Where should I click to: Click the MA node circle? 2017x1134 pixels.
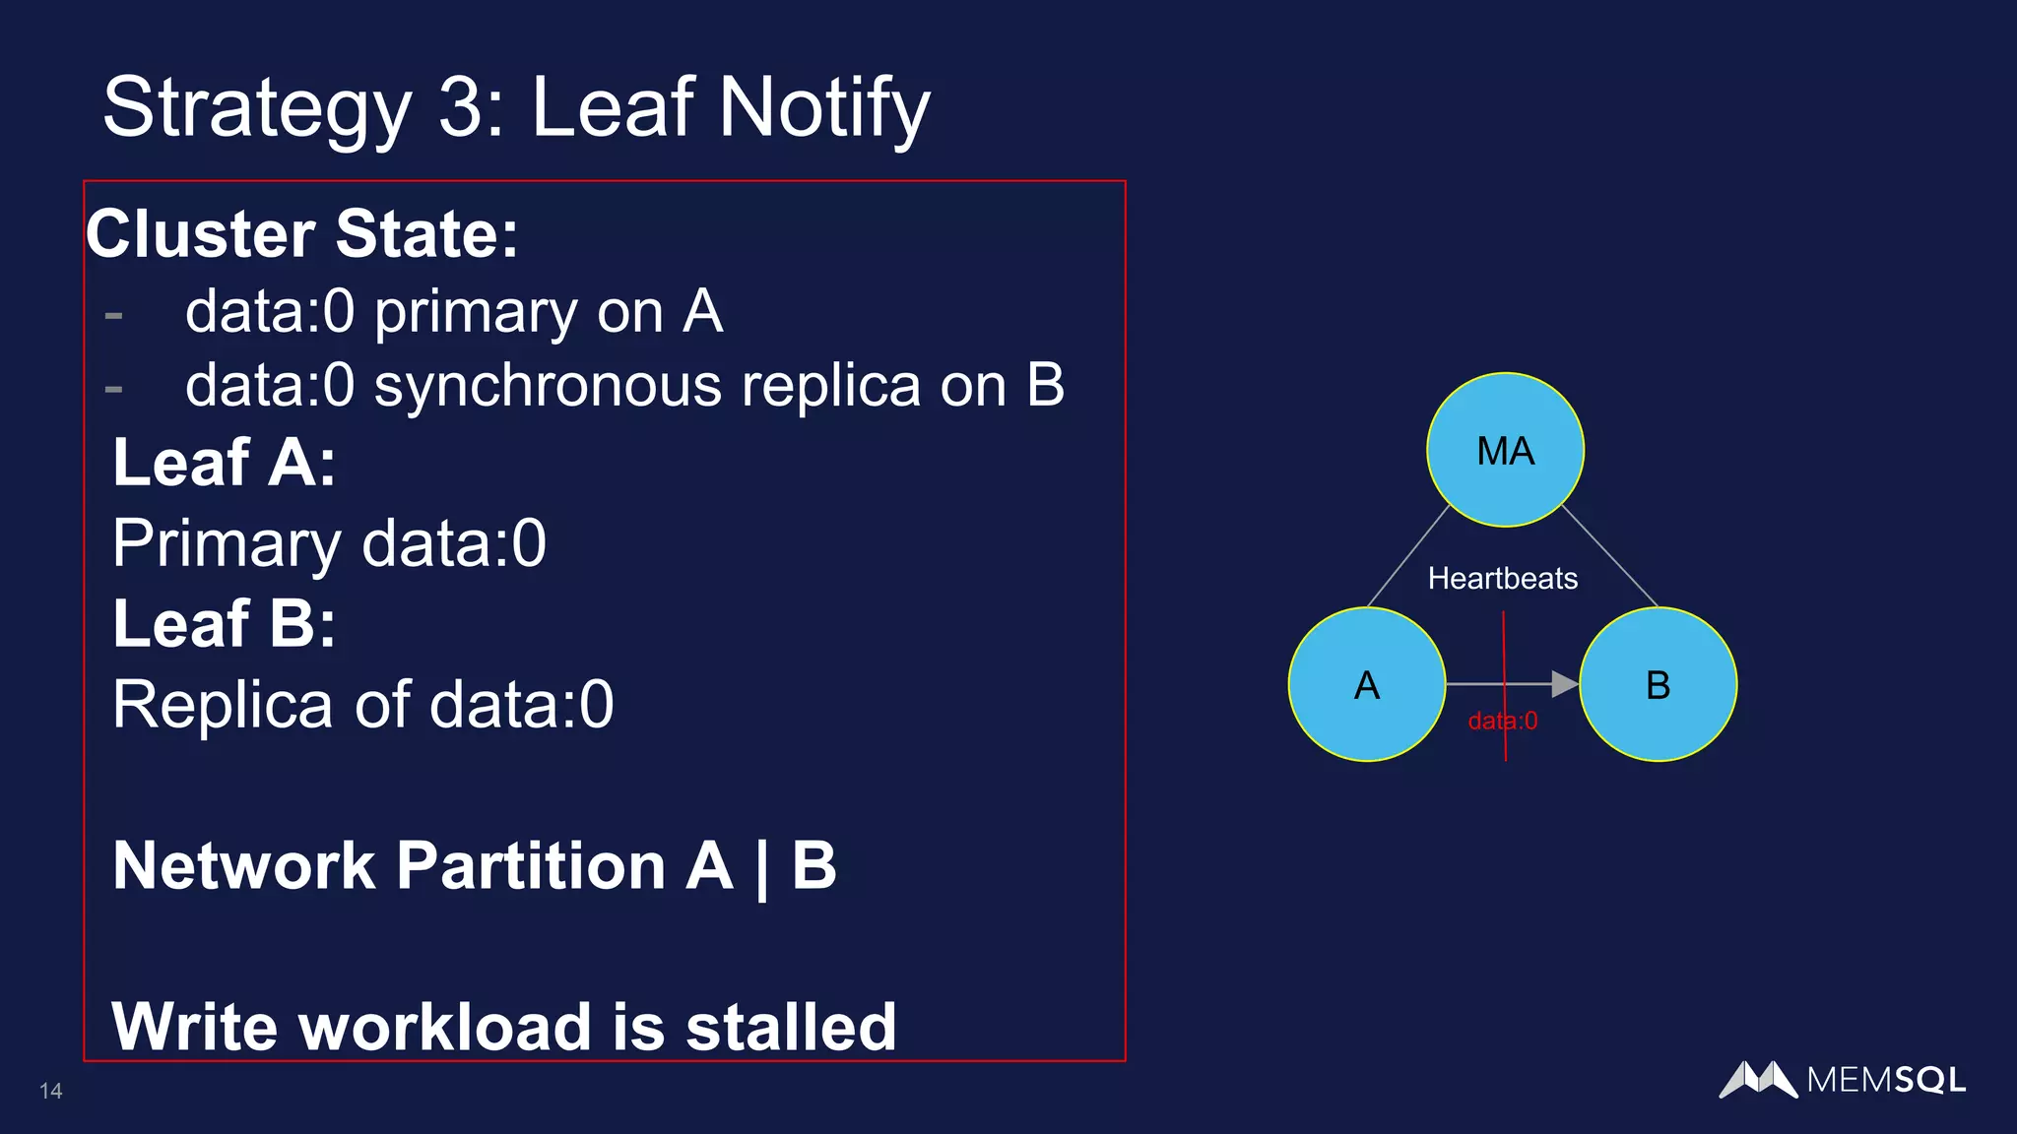[x=1505, y=450]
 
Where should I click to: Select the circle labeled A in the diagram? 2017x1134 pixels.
[x=1367, y=684]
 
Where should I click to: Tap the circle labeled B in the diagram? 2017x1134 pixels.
[x=1658, y=684]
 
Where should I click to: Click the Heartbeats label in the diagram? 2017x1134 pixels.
[x=1502, y=579]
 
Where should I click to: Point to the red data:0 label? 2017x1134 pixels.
[x=1502, y=722]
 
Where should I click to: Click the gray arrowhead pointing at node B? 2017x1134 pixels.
[x=1564, y=683]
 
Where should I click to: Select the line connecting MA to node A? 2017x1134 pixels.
[x=1408, y=556]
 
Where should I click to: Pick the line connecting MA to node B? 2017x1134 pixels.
[x=1610, y=556]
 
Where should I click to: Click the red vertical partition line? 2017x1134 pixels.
[x=1504, y=650]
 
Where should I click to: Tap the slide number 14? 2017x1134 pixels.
[x=51, y=1091]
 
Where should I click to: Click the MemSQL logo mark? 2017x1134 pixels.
[x=1758, y=1080]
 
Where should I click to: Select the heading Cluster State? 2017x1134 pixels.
[x=302, y=234]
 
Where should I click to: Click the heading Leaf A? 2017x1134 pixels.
[x=225, y=462]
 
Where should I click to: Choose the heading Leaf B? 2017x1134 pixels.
[x=225, y=623]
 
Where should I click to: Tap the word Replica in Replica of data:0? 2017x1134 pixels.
[x=223, y=705]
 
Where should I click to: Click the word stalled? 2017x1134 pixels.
[x=790, y=1027]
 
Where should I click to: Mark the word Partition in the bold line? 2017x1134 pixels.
[x=531, y=866]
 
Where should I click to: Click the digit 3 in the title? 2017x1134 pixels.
[x=461, y=107]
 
